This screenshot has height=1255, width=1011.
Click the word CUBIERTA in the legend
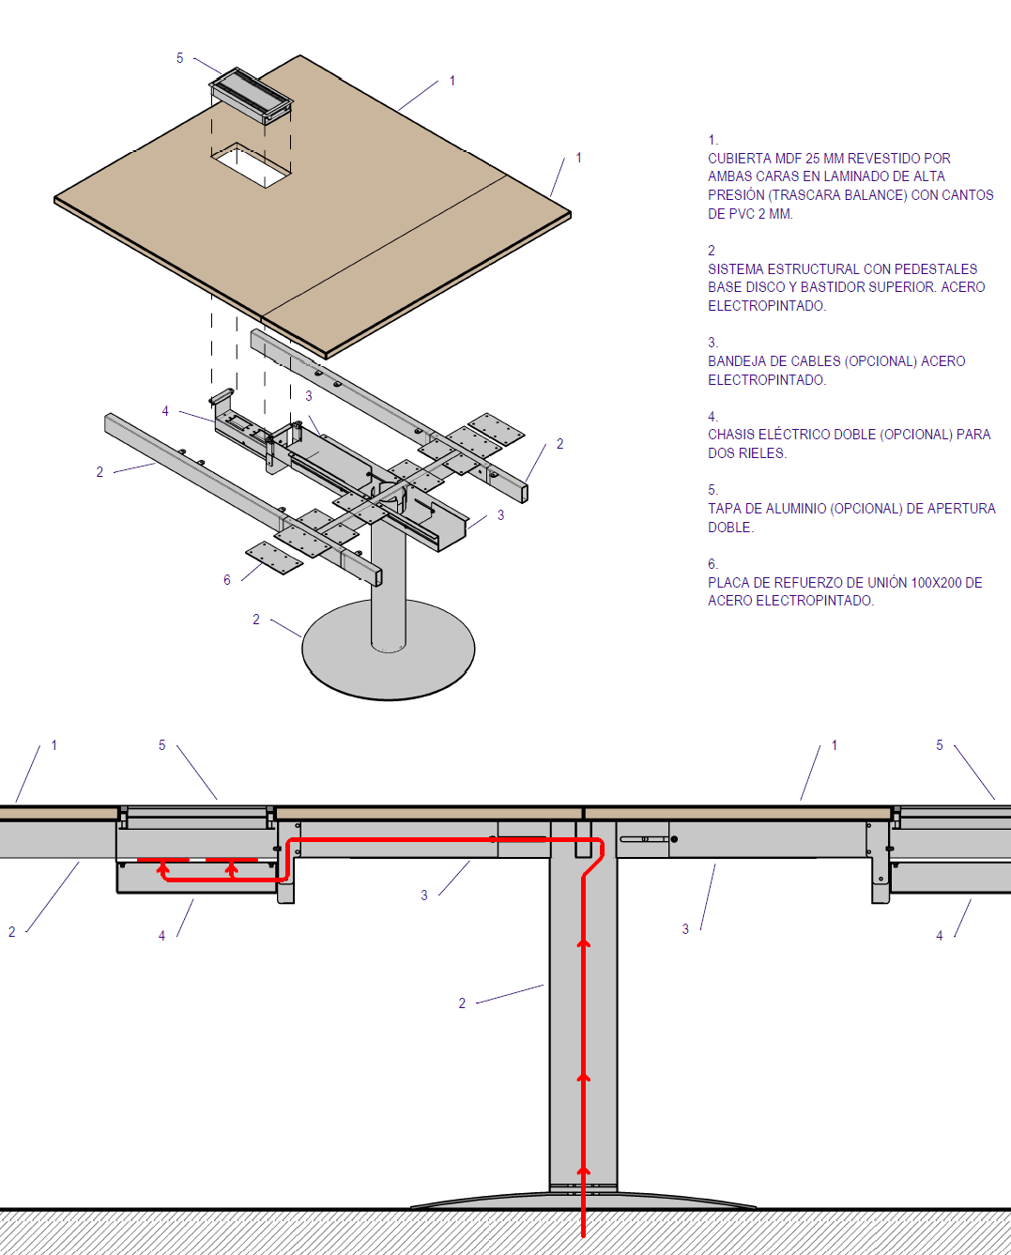click(x=739, y=159)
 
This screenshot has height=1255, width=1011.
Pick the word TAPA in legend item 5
click(x=724, y=509)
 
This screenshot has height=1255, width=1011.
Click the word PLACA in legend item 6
click(x=728, y=583)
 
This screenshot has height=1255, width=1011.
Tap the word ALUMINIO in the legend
click(x=773, y=509)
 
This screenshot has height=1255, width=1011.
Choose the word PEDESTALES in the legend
click(x=941, y=269)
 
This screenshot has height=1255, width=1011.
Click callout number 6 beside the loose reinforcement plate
click(x=227, y=580)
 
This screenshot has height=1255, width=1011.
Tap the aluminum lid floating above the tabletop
click(x=251, y=95)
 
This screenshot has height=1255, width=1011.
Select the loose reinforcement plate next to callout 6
click(x=275, y=557)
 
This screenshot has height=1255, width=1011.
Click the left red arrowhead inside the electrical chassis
click(x=163, y=868)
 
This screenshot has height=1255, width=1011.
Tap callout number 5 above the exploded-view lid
click(x=180, y=58)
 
